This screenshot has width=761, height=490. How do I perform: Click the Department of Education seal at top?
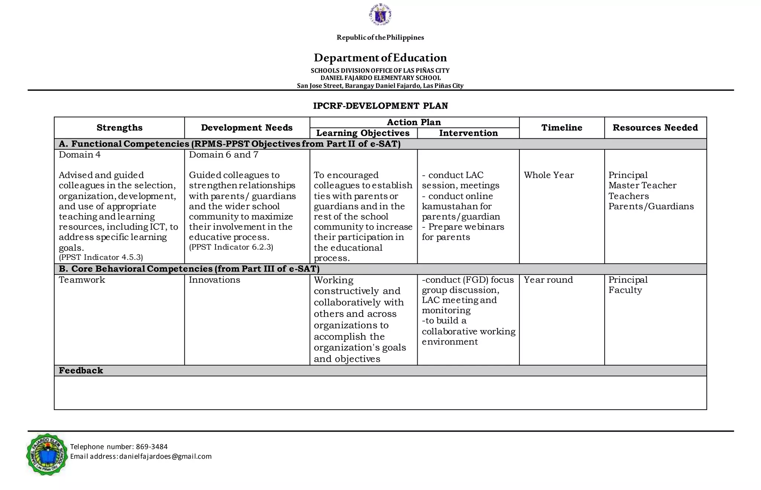coord(380,15)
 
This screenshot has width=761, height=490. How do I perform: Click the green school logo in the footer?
coord(47,454)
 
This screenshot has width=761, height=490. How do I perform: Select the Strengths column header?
coord(119,128)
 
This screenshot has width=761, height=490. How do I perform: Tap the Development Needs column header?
coord(247,128)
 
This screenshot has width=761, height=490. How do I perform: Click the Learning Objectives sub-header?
coord(363,133)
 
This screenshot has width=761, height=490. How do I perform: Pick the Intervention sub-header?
coord(468,133)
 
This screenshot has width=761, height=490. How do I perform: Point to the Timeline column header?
coord(561,128)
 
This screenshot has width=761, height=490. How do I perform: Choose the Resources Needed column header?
coord(655,128)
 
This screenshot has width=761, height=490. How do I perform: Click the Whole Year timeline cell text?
coord(549,175)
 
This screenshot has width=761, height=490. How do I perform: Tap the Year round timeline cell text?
coord(548,280)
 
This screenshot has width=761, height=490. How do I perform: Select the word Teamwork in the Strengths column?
coord(82,280)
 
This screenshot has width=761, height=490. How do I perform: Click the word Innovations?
coord(214,280)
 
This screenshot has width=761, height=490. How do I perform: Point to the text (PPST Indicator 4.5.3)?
coord(101,257)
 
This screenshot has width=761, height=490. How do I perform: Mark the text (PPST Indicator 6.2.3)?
coord(231,247)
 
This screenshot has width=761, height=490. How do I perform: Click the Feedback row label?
coord(81,371)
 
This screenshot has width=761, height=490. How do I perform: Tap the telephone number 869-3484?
coord(152,446)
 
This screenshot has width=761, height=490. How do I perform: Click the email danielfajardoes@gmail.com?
coord(165,457)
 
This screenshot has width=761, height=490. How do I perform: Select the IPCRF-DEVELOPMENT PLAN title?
coord(380,106)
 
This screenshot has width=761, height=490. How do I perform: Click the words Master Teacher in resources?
coord(642,185)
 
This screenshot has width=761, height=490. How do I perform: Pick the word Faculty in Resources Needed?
coord(625,290)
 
